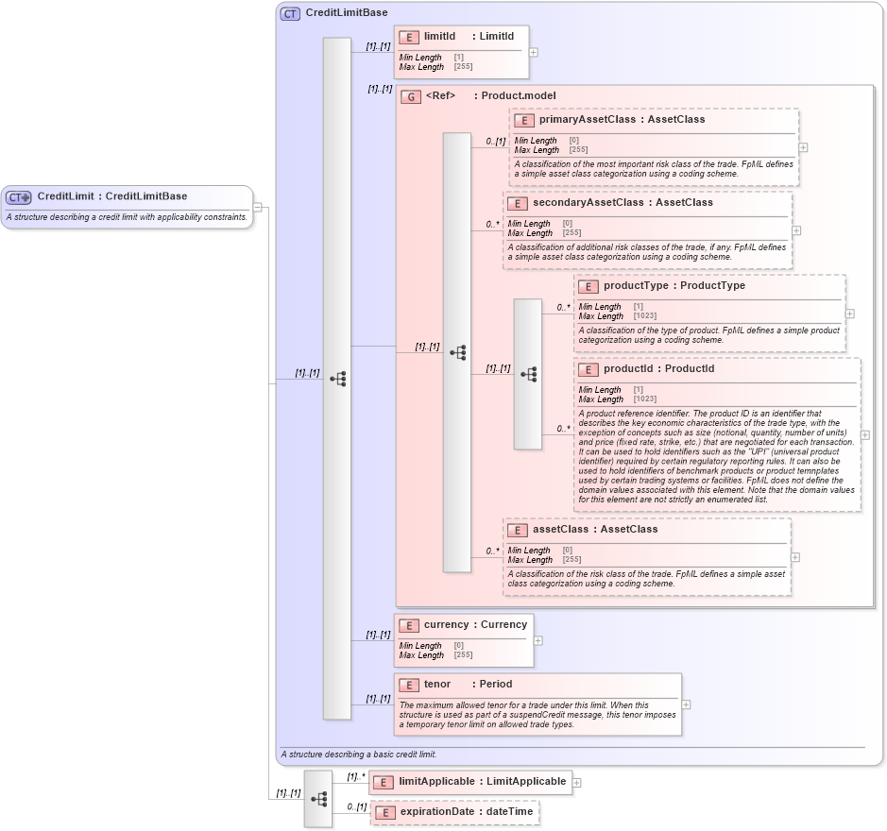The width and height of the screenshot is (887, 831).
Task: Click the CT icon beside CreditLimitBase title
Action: (290, 13)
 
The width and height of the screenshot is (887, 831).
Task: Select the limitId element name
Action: (439, 36)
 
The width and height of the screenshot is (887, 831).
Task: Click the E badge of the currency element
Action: (408, 625)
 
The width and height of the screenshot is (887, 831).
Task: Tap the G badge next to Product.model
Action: (410, 96)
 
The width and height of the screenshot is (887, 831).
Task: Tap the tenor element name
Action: (437, 685)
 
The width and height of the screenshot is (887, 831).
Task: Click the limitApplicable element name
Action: (438, 782)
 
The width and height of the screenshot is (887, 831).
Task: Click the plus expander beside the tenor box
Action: (687, 704)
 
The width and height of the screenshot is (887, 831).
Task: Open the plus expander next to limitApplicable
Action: (577, 782)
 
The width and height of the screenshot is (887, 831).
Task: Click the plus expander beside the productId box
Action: (865, 434)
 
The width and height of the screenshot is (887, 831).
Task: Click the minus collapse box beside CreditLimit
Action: (258, 208)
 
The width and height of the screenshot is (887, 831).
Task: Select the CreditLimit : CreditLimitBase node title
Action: (111, 196)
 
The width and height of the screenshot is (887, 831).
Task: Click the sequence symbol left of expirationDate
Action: (318, 798)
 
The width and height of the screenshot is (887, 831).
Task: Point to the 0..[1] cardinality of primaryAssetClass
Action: (496, 142)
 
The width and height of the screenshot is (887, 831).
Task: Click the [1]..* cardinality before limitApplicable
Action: (355, 777)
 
